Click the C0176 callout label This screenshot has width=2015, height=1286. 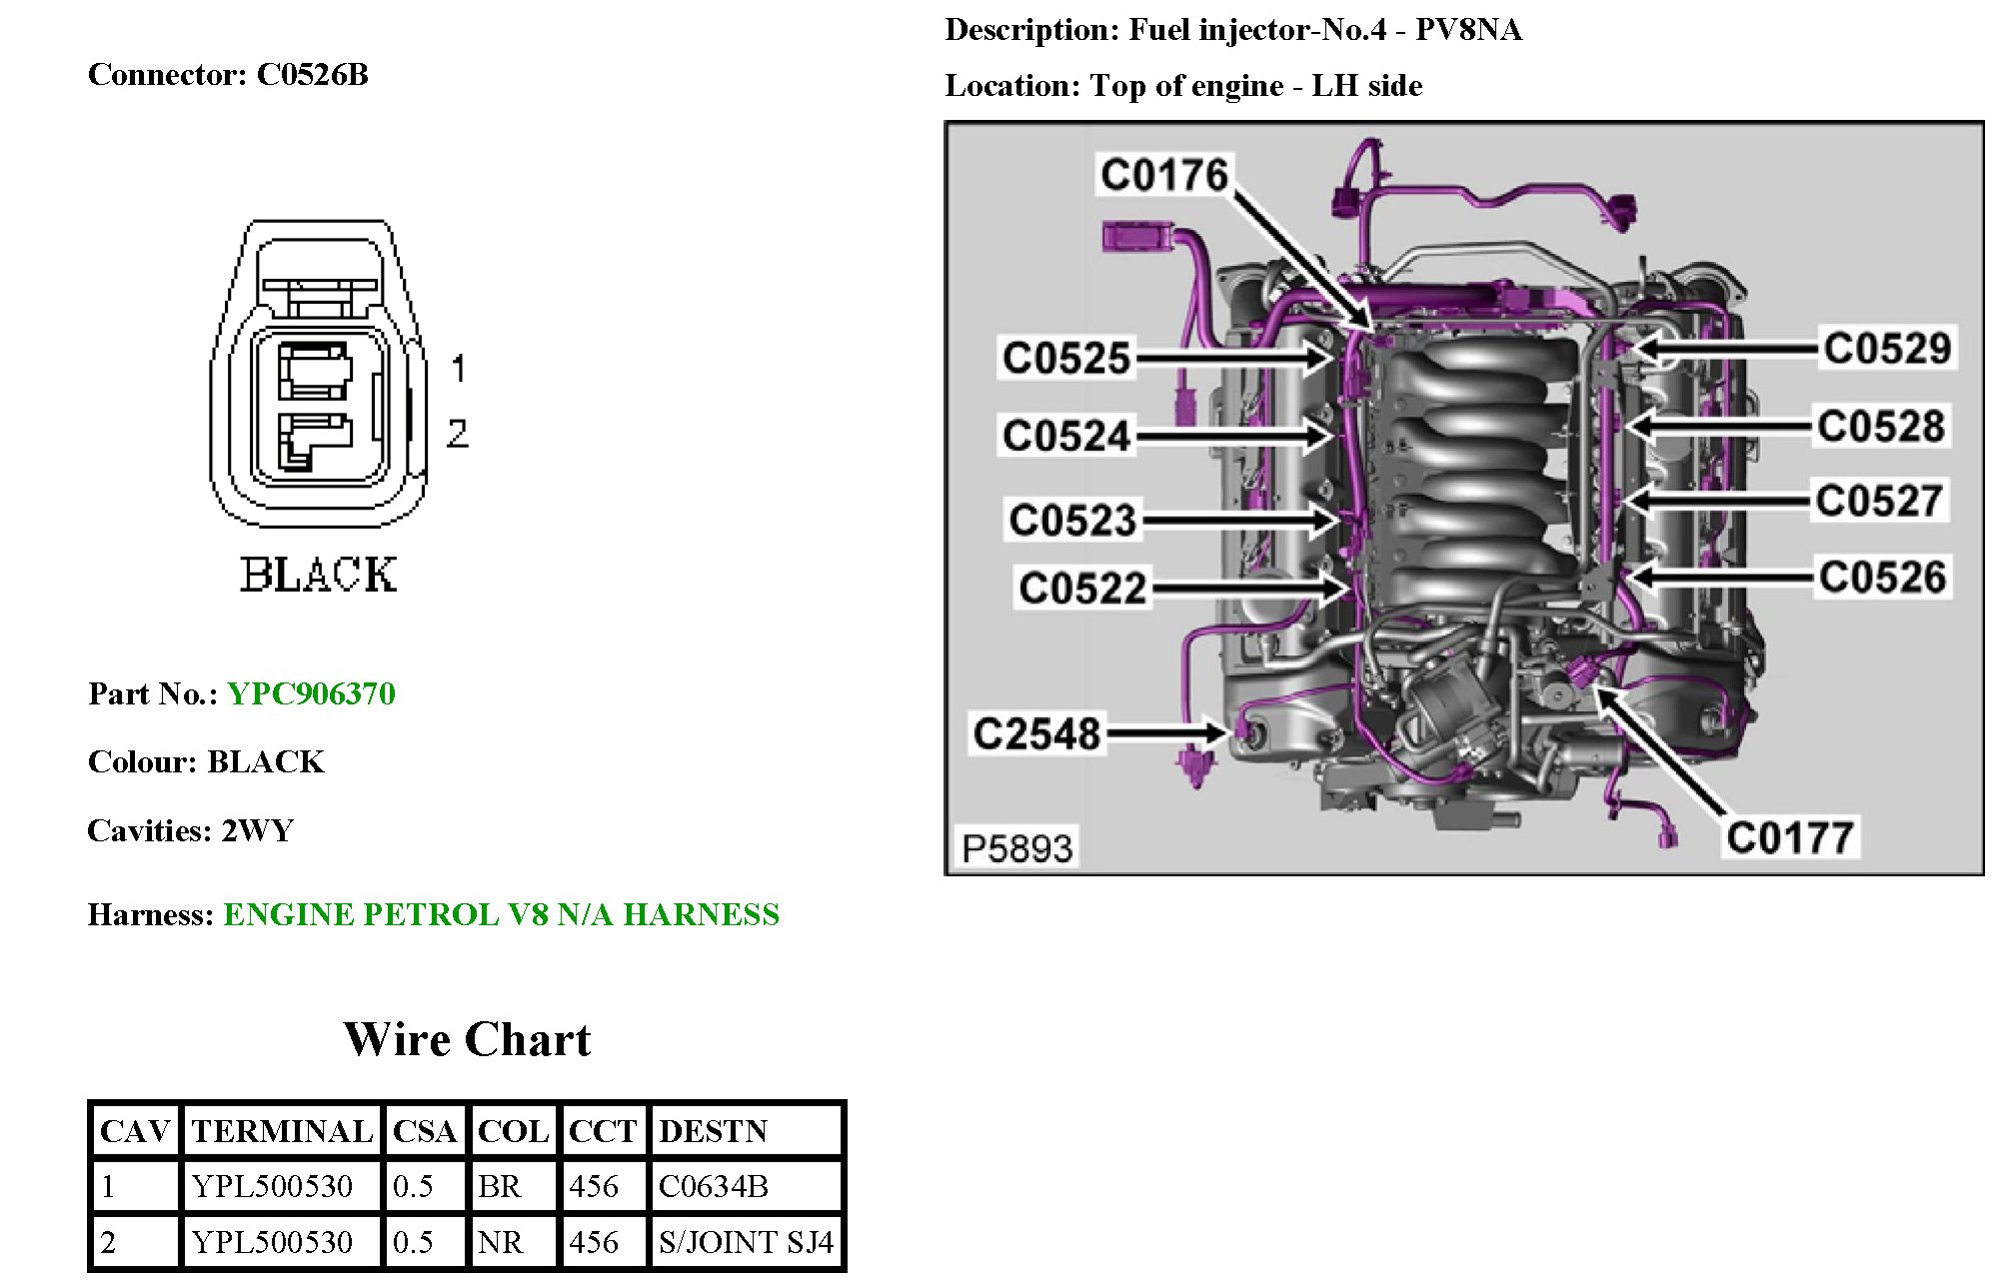[1163, 176]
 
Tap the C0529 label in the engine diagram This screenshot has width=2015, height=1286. [1886, 349]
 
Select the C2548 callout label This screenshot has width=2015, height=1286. [1036, 734]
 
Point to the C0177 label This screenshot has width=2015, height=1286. [1790, 837]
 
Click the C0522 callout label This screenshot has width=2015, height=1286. [1081, 588]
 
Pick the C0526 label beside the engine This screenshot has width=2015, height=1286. [1882, 578]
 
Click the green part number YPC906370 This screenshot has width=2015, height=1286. [312, 693]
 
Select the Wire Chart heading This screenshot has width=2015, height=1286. [467, 1039]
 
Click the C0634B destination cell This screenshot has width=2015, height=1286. [714, 1186]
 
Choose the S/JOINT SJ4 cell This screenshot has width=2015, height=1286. [746, 1242]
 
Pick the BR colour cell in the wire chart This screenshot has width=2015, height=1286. [500, 1186]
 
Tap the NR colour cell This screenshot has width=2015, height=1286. [500, 1242]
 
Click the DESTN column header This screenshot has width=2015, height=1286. [713, 1131]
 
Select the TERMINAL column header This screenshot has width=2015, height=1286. [282, 1131]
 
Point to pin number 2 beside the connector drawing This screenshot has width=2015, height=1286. [457, 433]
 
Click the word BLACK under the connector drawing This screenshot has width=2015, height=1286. [318, 576]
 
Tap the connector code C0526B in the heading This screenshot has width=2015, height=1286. [312, 75]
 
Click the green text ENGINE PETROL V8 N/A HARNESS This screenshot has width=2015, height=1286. [501, 914]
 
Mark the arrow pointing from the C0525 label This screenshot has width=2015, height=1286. [1234, 358]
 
